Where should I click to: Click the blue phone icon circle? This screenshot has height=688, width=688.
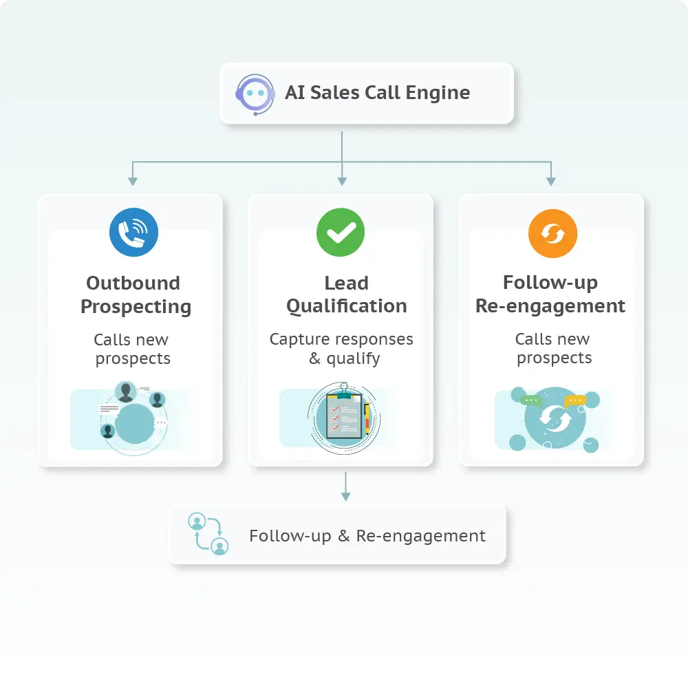coord(133,233)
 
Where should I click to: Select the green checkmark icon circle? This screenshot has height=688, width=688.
coord(341,233)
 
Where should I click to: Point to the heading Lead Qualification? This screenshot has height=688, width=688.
coord(346,294)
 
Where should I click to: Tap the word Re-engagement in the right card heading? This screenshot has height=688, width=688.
coord(550,305)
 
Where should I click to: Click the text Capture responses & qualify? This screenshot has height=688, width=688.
coord(341,349)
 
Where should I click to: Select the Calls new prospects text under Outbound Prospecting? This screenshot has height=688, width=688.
coord(132,349)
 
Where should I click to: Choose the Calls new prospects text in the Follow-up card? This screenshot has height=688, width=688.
coord(553,348)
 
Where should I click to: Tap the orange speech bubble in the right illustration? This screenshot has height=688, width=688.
coord(574,400)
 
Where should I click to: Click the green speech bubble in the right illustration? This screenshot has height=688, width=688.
coord(531,400)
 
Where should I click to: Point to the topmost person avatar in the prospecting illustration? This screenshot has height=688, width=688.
coord(125,392)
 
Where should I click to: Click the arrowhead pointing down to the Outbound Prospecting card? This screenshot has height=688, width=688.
coord(133,181)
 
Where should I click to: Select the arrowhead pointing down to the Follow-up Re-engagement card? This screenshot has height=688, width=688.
coord(550,181)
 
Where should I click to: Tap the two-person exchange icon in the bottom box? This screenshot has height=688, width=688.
coord(208,534)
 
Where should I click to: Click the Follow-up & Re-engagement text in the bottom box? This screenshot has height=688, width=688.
coord(367,536)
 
